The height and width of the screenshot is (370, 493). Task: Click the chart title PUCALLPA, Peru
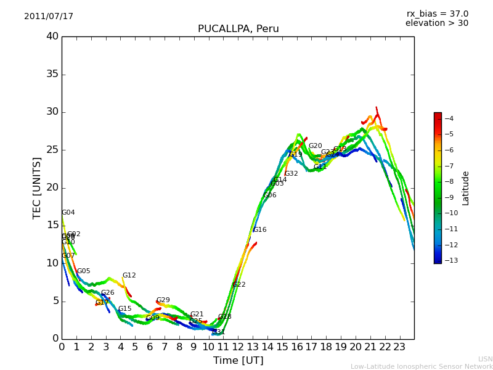[238, 29]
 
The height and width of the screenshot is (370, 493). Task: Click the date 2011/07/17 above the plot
[49, 17]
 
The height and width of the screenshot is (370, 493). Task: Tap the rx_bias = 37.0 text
[437, 14]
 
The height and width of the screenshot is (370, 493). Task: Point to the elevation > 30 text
[436, 23]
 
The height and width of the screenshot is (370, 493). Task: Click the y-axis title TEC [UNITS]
[37, 187]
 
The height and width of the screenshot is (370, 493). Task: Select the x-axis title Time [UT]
[238, 361]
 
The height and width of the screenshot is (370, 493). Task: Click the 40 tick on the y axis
[52, 36]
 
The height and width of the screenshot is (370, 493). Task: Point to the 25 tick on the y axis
[52, 150]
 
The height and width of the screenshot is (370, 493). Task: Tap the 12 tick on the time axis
[238, 347]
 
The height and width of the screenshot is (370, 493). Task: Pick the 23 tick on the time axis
[399, 347]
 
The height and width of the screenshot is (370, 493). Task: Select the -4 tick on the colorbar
[449, 118]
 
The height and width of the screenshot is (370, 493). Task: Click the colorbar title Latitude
[466, 188]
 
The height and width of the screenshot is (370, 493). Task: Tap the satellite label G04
[68, 213]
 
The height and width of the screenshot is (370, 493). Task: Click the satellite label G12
[129, 276]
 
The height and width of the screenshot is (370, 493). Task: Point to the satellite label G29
[163, 300]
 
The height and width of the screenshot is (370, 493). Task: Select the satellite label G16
[259, 230]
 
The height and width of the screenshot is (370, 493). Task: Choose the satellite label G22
[238, 285]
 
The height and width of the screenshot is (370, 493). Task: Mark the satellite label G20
[315, 146]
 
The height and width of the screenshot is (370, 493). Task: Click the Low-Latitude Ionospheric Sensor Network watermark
[422, 367]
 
